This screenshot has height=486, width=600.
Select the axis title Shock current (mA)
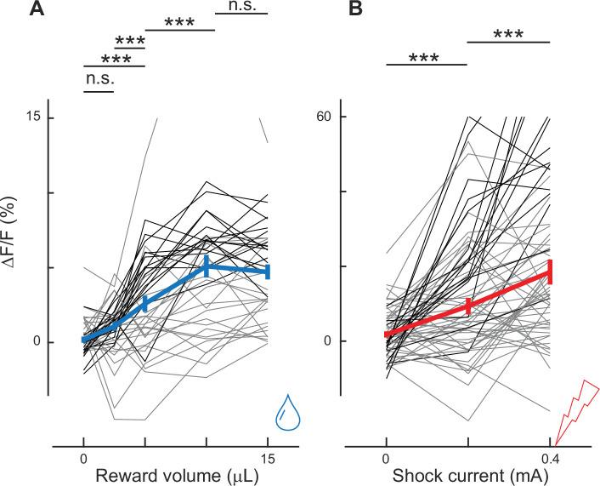467,477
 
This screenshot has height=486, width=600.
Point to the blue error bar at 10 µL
207,266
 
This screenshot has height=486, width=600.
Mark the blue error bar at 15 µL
268,272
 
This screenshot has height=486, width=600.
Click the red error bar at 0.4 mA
551,272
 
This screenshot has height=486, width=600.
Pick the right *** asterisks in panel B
508,35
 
